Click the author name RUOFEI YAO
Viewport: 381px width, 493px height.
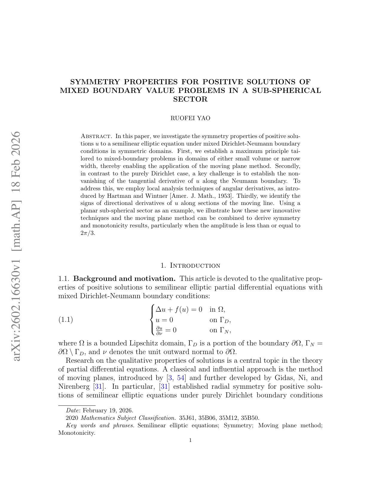190,118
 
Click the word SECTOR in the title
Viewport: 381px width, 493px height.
190,99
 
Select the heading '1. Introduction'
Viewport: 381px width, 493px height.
190,266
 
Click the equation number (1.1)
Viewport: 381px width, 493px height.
65,320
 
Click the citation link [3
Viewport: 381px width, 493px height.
169,378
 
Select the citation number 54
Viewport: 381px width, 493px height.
181,378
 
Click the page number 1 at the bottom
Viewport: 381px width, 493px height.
190,440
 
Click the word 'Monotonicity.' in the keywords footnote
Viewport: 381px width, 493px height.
77,433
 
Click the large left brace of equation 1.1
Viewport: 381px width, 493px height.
152,320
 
